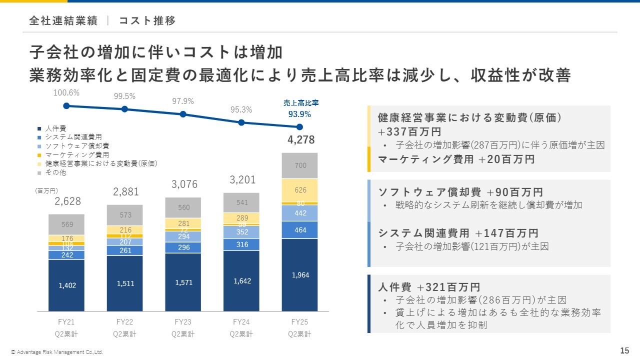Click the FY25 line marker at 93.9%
[x=299, y=126]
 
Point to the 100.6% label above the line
[x=66, y=92]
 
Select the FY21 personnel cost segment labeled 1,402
[x=66, y=285]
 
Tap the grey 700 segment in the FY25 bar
[x=300, y=165]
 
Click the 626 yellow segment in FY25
[x=300, y=190]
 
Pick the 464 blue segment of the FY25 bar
[x=300, y=230]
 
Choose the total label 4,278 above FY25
[x=301, y=140]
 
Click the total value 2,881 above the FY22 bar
[x=125, y=192]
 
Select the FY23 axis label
[x=183, y=322]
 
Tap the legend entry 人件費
[x=55, y=128]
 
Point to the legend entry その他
[x=55, y=172]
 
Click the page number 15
[x=624, y=350]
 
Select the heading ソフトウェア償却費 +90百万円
[x=460, y=192]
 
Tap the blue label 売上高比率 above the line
[x=301, y=103]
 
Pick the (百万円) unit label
[x=46, y=191]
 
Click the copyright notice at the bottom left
[x=60, y=352]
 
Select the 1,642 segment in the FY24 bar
[x=241, y=281]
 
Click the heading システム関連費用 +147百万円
[x=458, y=233]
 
